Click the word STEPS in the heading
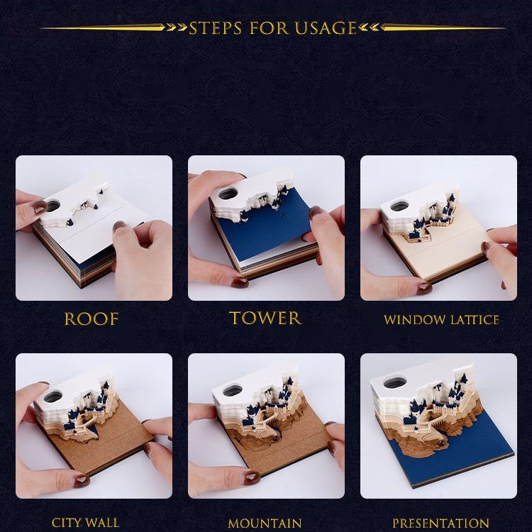click(x=216, y=28)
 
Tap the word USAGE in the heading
click(x=326, y=28)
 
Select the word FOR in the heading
click(x=269, y=28)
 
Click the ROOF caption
click(x=92, y=319)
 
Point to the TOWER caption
click(x=265, y=318)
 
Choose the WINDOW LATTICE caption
click(x=441, y=320)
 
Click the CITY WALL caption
click(x=85, y=523)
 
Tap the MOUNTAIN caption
click(x=265, y=523)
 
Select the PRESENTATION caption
click(x=440, y=523)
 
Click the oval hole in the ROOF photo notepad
click(x=53, y=206)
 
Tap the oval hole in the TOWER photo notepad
click(x=228, y=194)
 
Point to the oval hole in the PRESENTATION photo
click(x=394, y=383)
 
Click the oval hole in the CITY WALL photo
click(x=53, y=396)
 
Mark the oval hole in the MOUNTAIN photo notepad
click(x=232, y=390)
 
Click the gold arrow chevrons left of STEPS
click(x=177, y=28)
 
